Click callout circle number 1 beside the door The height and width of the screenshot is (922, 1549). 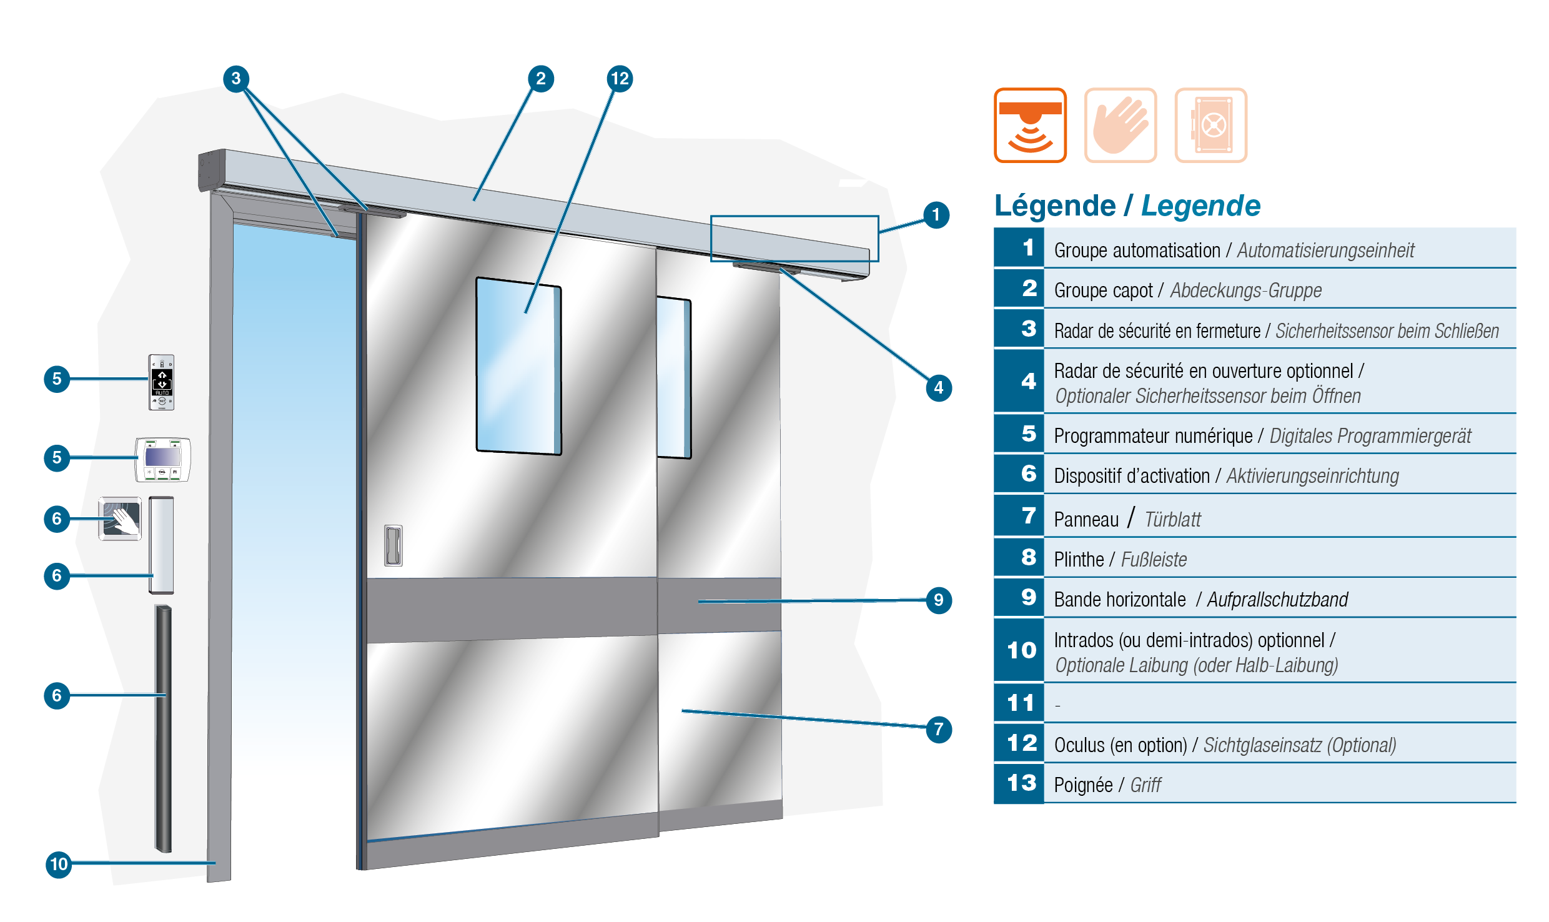tap(936, 215)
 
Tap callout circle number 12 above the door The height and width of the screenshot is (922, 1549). tap(620, 79)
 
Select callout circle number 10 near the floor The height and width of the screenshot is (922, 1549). tap(59, 865)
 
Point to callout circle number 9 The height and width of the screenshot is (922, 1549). tap(939, 600)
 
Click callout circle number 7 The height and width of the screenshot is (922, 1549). tap(939, 730)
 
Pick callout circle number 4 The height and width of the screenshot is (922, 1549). tap(939, 388)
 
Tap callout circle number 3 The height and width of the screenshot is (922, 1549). tap(236, 79)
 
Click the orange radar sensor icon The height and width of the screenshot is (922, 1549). tap(1030, 125)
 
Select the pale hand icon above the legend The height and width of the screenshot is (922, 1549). tap(1121, 125)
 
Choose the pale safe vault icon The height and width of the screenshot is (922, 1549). tap(1211, 125)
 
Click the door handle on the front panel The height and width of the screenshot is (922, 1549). tap(393, 545)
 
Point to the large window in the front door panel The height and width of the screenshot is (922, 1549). tap(518, 366)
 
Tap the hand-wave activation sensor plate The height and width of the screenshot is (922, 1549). tap(120, 518)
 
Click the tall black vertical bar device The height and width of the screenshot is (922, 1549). tap(163, 728)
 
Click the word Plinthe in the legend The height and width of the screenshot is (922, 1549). tap(1079, 559)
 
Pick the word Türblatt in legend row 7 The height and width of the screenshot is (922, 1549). tap(1172, 520)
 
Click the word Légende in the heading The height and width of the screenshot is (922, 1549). tap(1055, 206)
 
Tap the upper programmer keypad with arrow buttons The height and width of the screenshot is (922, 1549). tap(161, 382)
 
